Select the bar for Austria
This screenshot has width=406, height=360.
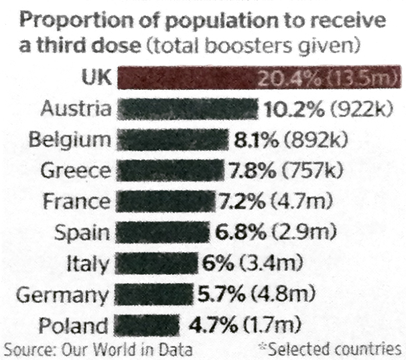[x=188, y=109]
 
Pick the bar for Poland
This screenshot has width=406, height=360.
[x=147, y=326]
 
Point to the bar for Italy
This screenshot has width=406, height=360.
[x=157, y=263]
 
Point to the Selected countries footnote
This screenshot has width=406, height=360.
[x=335, y=349]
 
